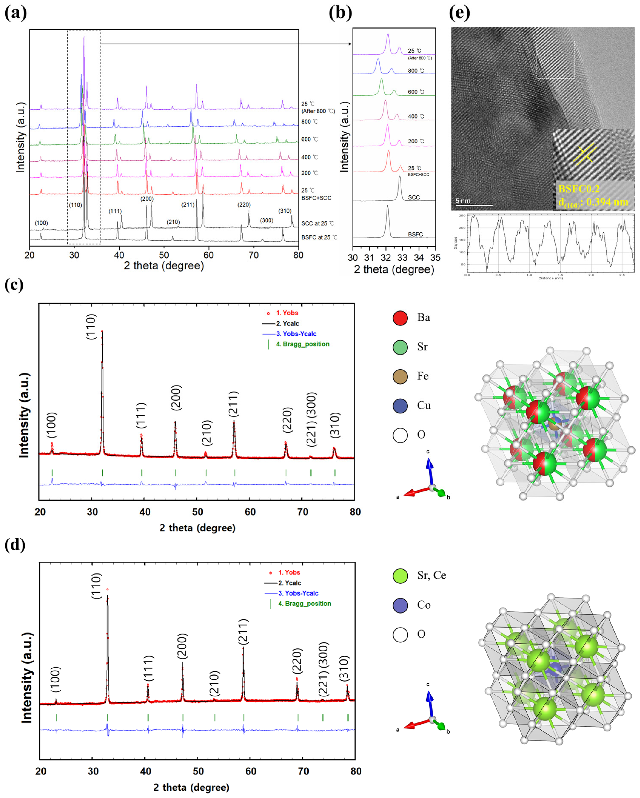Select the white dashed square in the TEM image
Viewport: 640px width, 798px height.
pos(555,60)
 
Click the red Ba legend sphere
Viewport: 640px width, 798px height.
pos(400,318)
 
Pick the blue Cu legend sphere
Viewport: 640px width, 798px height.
pos(400,406)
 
